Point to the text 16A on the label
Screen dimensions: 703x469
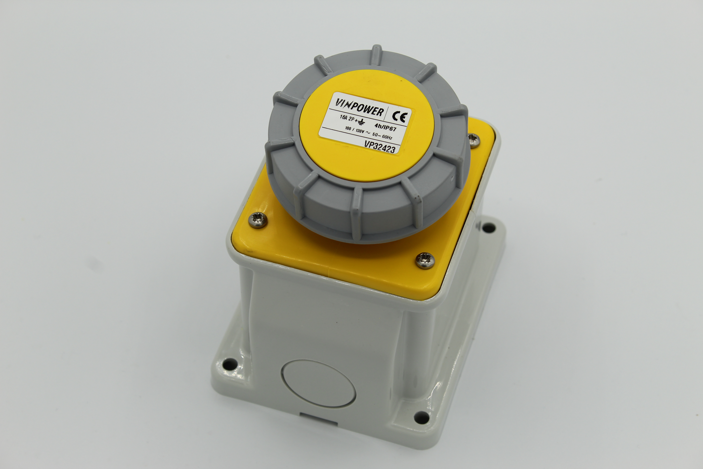point(343,117)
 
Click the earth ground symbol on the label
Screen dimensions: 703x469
point(361,122)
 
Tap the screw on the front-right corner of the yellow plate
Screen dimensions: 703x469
point(425,260)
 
